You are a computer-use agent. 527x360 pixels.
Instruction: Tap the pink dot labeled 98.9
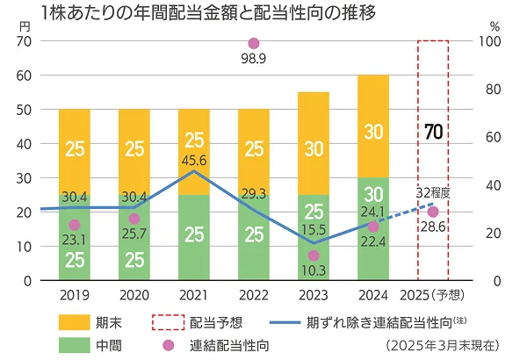tap(254, 43)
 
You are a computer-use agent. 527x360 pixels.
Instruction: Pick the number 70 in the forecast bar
tap(432, 133)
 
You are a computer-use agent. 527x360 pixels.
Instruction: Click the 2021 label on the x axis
tap(194, 297)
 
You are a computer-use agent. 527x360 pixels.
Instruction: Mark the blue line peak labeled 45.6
tap(194, 171)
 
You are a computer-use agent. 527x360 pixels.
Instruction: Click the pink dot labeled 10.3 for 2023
tap(314, 256)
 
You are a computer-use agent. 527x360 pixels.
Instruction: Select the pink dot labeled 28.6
tap(432, 212)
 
